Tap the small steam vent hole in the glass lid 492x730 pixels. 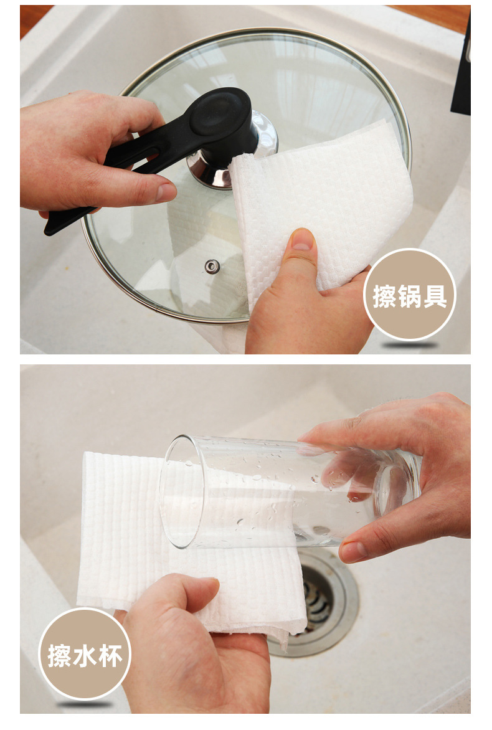pos(212,267)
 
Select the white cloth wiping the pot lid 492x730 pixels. pos(321,205)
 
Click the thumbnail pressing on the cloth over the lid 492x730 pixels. pos(303,239)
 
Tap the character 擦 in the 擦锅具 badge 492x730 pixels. pos(384,296)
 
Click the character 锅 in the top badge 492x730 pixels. pos(410,296)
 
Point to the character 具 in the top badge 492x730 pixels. pos(435,296)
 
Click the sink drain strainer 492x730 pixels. pos(321,600)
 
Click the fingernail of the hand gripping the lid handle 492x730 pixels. pos(166,192)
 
